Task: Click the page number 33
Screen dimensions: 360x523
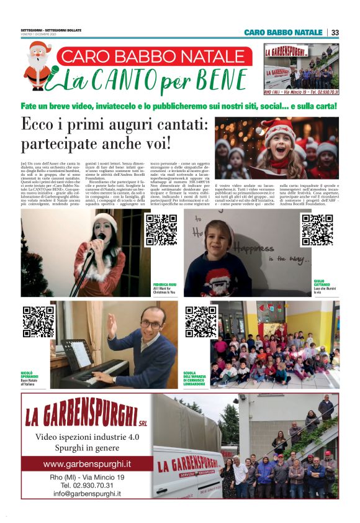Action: point(335,32)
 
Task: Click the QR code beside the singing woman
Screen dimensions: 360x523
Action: point(161,230)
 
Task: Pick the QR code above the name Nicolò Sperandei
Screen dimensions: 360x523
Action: point(38,321)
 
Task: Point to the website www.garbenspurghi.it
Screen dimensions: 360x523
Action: point(87,464)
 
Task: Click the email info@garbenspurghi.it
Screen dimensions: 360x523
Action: point(87,494)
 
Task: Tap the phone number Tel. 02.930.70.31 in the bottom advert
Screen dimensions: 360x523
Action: point(87,485)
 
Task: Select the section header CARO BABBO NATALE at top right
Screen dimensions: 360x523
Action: point(283,32)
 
